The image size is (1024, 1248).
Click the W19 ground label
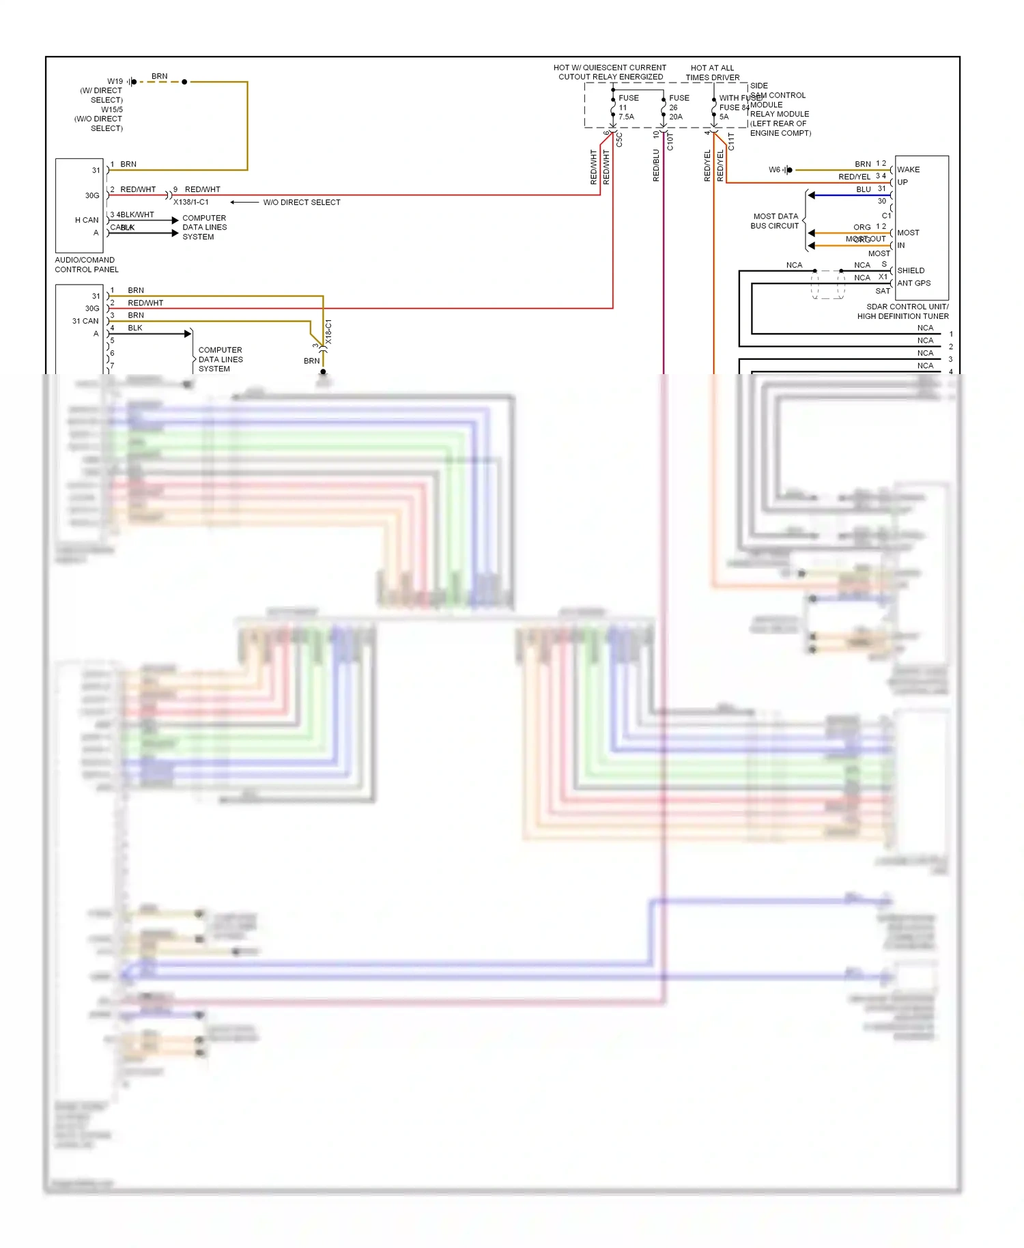[x=115, y=81]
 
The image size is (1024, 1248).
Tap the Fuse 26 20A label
[x=679, y=107]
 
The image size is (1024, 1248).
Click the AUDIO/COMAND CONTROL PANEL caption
[x=87, y=265]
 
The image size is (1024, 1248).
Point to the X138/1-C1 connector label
[x=191, y=202]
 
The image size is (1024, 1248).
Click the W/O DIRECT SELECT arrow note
[x=301, y=202]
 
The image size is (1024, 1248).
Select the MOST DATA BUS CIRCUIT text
[x=775, y=221]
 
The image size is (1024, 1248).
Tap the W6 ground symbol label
[x=774, y=169]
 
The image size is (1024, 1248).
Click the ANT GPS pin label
[x=913, y=283]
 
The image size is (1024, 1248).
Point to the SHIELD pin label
[x=911, y=270]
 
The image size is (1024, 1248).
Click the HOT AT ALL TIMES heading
[x=712, y=72]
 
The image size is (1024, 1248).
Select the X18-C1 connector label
[x=328, y=331]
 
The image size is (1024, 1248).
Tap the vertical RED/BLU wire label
[x=656, y=165]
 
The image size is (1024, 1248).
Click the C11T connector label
[x=731, y=141]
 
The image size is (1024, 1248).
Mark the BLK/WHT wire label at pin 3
[x=136, y=214]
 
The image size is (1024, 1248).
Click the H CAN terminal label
[x=87, y=220]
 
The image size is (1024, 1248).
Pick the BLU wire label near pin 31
[x=864, y=189]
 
